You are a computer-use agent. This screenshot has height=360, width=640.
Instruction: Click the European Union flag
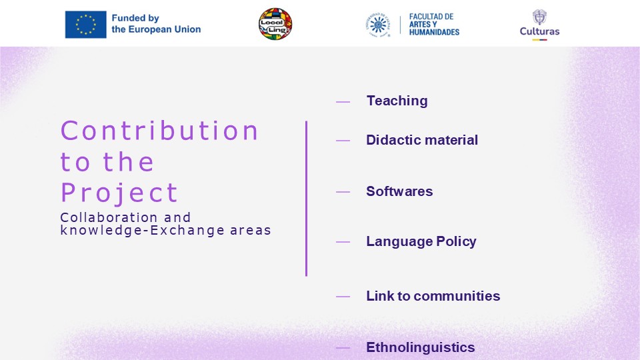86,25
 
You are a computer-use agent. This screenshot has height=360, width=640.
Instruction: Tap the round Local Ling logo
275,24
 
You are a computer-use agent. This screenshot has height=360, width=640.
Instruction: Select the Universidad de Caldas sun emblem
378,25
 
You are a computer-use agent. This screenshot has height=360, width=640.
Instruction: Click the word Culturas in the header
539,31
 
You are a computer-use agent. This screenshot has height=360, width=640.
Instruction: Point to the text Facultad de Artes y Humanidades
434,25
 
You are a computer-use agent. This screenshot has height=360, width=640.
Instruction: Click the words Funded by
135,19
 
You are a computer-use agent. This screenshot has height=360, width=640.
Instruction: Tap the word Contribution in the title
159,131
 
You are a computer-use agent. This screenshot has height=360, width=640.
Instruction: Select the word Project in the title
119,193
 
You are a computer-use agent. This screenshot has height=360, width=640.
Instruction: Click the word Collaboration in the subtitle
109,217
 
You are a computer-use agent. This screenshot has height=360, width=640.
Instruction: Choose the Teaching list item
397,101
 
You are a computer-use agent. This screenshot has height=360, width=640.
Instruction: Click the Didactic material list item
422,140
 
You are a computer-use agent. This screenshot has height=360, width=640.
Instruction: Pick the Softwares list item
399,191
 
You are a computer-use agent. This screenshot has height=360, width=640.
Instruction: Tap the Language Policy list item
421,241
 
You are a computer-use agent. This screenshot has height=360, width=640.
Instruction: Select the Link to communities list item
433,296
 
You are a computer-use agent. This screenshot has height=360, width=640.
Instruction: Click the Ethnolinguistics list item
421,347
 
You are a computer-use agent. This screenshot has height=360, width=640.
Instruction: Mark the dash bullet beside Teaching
343,101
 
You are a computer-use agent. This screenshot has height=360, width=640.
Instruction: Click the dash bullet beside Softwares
343,192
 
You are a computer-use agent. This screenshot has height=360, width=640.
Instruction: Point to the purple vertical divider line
306,199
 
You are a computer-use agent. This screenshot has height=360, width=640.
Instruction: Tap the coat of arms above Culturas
539,17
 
